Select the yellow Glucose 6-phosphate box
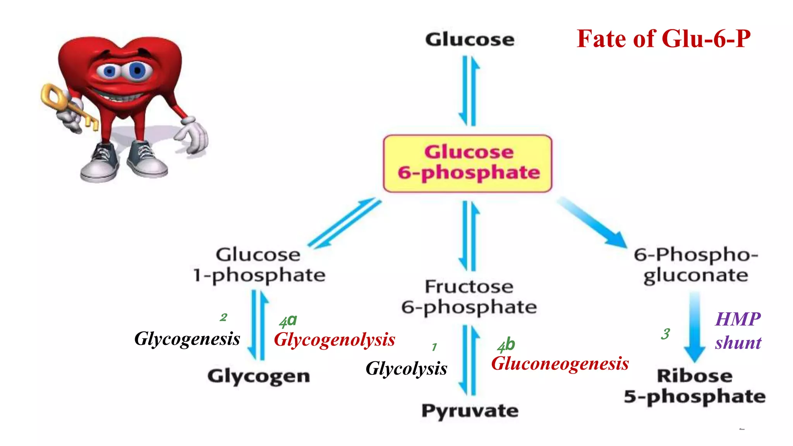[467, 163]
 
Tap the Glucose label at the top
[470, 39]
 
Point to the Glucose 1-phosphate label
[259, 265]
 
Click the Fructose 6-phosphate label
[469, 297]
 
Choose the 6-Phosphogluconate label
[696, 265]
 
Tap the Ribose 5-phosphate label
[695, 386]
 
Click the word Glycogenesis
[187, 339]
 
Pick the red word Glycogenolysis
[335, 340]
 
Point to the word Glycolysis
[406, 369]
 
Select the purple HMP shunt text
[738, 331]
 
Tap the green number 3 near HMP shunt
[665, 334]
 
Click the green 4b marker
[506, 345]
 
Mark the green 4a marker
[288, 321]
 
